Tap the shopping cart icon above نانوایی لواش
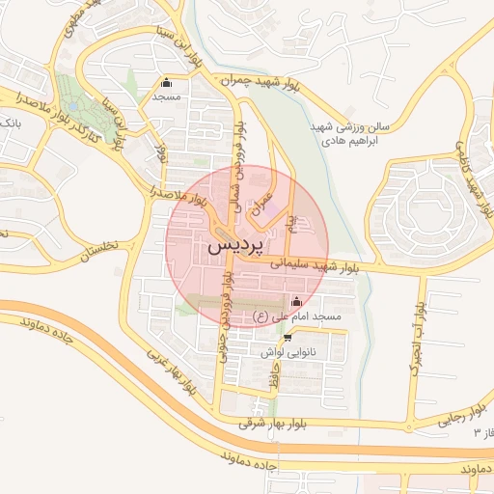point(288,338)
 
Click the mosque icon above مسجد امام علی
point(295,301)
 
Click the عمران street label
point(258,201)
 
